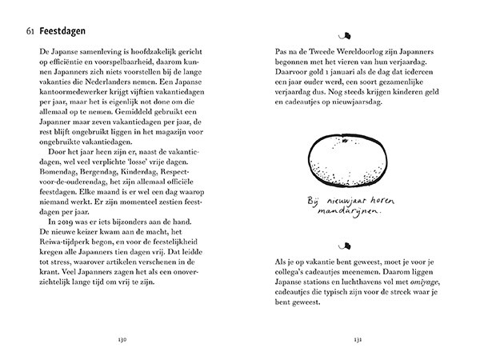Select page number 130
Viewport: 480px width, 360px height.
pyautogui.click(x=122, y=340)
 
